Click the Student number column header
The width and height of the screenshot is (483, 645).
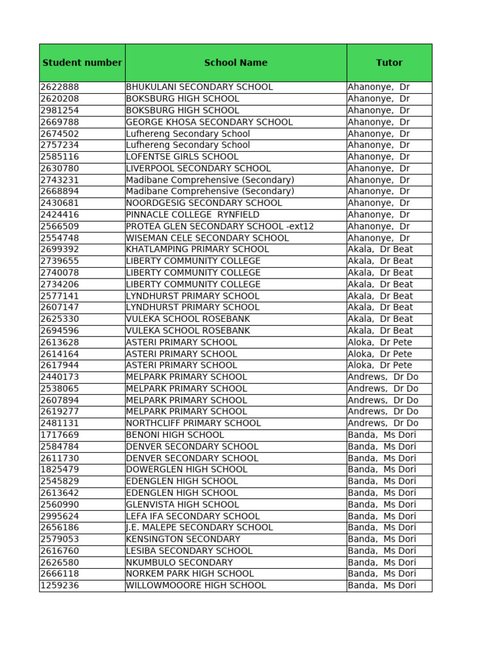pos(82,62)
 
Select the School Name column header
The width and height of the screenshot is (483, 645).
pos(235,62)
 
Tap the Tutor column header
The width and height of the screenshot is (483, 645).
pos(389,62)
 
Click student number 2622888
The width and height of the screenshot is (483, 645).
pos(60,87)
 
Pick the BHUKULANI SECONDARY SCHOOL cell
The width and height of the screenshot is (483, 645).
pos(199,87)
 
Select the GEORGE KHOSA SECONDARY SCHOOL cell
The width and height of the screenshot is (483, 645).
pos(209,122)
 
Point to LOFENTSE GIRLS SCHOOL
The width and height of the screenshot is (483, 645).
pos(182,157)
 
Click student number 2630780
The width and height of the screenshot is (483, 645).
pos(60,168)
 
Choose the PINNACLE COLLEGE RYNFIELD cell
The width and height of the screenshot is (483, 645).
pos(192,215)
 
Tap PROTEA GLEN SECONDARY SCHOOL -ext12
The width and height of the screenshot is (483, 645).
pos(219,226)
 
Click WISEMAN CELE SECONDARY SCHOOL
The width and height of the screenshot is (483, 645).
pos(207,238)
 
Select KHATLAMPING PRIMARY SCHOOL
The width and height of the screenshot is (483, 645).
pos(197,249)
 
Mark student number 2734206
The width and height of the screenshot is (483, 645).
pos(60,284)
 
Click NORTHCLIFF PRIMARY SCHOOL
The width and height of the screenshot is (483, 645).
pos(193,423)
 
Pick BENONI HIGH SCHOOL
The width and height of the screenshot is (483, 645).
pos(175,435)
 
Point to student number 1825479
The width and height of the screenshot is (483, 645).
pos(60,469)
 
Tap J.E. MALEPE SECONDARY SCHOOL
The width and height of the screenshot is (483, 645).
pos(199,527)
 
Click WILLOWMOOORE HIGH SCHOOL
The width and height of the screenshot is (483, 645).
pos(196,585)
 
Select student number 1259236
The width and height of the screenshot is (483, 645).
pos(60,585)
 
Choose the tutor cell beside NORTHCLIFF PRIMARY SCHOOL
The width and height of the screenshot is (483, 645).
pos(382,423)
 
